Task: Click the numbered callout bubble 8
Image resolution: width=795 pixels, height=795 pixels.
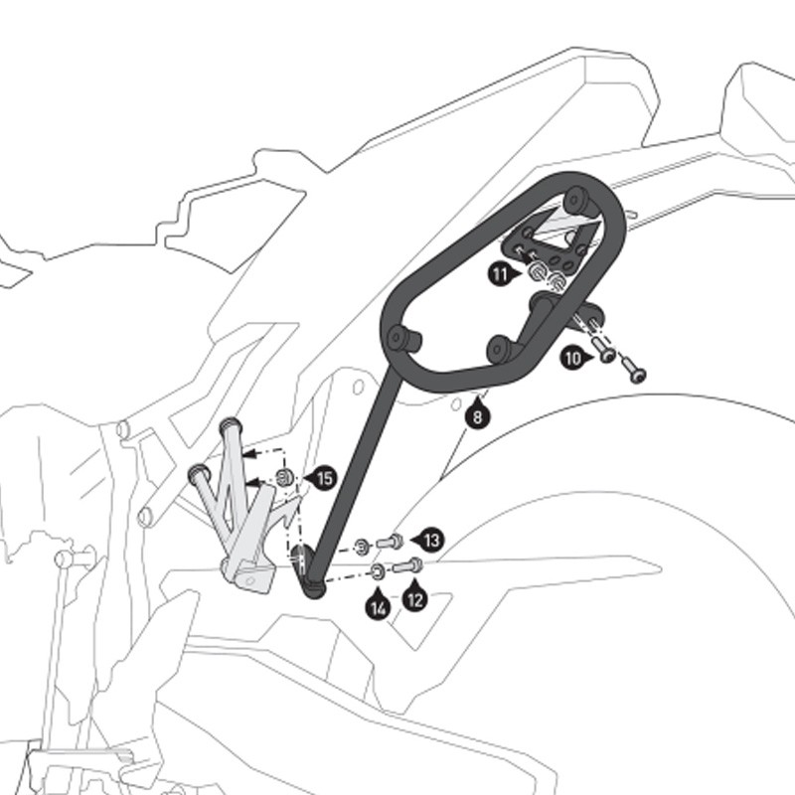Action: point(477,415)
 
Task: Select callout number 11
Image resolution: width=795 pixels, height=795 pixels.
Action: point(502,274)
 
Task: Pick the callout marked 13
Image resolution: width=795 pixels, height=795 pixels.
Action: point(429,541)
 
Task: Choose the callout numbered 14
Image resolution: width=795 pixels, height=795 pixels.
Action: point(378,605)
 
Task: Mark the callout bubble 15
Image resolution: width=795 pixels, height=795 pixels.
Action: point(323,478)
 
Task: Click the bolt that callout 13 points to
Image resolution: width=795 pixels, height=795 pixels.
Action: point(390,543)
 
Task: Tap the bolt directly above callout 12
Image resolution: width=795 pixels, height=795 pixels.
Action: point(407,565)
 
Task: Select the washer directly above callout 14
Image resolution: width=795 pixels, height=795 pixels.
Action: point(378,572)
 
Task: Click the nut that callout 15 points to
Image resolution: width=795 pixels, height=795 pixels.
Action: point(284,477)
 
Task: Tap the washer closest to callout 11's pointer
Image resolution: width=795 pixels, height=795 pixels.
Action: point(537,272)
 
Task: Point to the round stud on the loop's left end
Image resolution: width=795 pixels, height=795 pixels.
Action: point(403,338)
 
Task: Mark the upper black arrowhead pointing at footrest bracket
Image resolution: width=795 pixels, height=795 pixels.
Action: point(247,454)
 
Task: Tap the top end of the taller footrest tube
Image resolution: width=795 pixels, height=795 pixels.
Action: point(231,424)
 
